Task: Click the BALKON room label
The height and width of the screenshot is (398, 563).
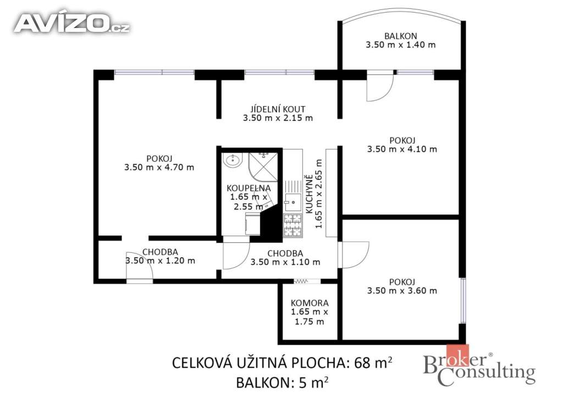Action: tap(400, 36)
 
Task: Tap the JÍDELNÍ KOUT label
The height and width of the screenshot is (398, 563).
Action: tap(278, 109)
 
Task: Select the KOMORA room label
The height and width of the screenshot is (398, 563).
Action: tap(309, 303)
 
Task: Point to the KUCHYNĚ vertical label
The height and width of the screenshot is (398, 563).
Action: tap(309, 194)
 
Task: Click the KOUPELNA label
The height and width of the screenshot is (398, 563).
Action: tap(249, 188)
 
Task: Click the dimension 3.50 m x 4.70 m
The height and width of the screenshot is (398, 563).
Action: tap(159, 167)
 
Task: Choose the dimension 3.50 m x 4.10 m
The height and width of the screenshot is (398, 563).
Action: tap(402, 149)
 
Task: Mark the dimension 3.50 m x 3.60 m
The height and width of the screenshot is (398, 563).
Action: tap(402, 291)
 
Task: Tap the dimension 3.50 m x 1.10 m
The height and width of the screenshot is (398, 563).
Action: tap(285, 262)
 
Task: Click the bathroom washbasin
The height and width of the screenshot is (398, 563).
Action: tap(233, 160)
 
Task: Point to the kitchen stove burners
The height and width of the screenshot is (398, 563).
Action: tap(292, 225)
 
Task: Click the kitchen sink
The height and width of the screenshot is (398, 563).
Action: tap(293, 202)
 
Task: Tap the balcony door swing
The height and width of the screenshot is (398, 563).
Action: tap(379, 88)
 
